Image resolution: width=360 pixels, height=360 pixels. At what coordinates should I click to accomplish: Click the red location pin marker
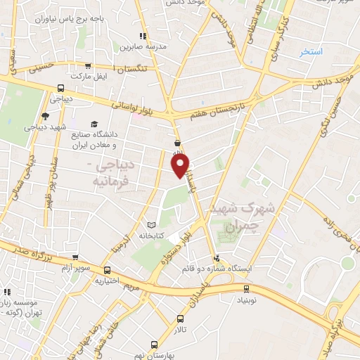click(181, 166)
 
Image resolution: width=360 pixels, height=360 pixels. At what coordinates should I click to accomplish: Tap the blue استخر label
click(310, 52)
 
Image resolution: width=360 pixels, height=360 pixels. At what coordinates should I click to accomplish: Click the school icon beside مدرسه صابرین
click(143, 36)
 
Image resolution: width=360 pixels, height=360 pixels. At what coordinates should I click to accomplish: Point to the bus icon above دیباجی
click(61, 89)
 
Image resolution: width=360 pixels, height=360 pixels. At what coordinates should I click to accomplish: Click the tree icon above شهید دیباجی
click(45, 116)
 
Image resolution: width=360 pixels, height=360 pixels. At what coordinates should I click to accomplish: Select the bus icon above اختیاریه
click(107, 270)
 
